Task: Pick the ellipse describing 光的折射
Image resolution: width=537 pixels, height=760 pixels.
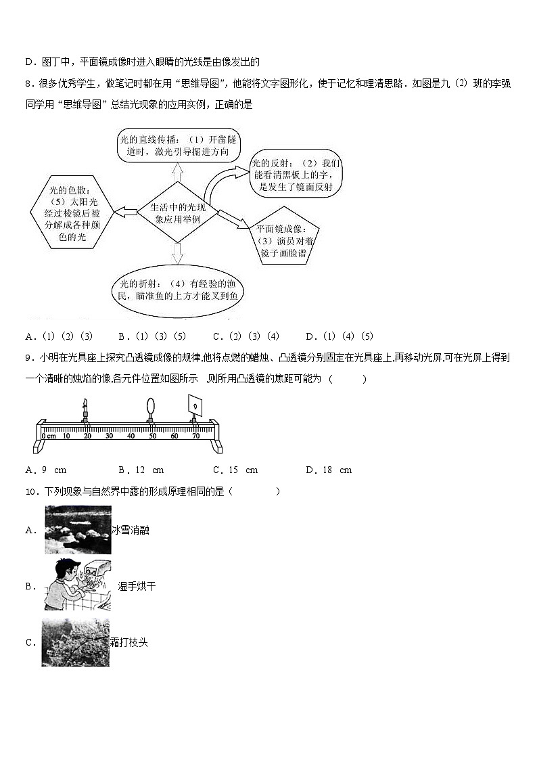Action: point(178,290)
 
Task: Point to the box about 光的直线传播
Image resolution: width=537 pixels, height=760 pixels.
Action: point(177,146)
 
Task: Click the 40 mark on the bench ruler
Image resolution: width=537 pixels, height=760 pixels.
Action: point(131,436)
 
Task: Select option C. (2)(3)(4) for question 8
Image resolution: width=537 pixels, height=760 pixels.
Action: point(246,336)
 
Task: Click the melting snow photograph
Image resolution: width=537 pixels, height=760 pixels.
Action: point(77,530)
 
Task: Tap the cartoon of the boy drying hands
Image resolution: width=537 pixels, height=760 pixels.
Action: point(77,585)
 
